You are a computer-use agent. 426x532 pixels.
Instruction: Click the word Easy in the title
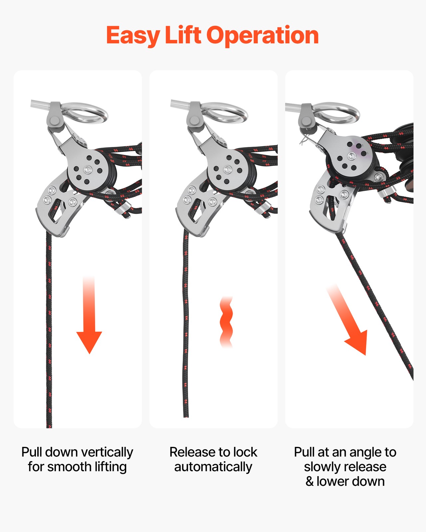click(x=133, y=36)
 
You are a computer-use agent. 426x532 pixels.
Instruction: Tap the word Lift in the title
click(x=183, y=35)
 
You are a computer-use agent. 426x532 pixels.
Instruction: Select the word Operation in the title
click(x=263, y=36)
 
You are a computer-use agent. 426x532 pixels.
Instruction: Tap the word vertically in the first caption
click(x=106, y=453)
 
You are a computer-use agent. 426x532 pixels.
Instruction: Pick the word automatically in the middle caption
click(x=213, y=467)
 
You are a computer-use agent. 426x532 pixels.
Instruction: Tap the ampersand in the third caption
click(x=310, y=481)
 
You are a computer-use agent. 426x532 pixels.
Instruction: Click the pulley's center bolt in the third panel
click(x=352, y=156)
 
